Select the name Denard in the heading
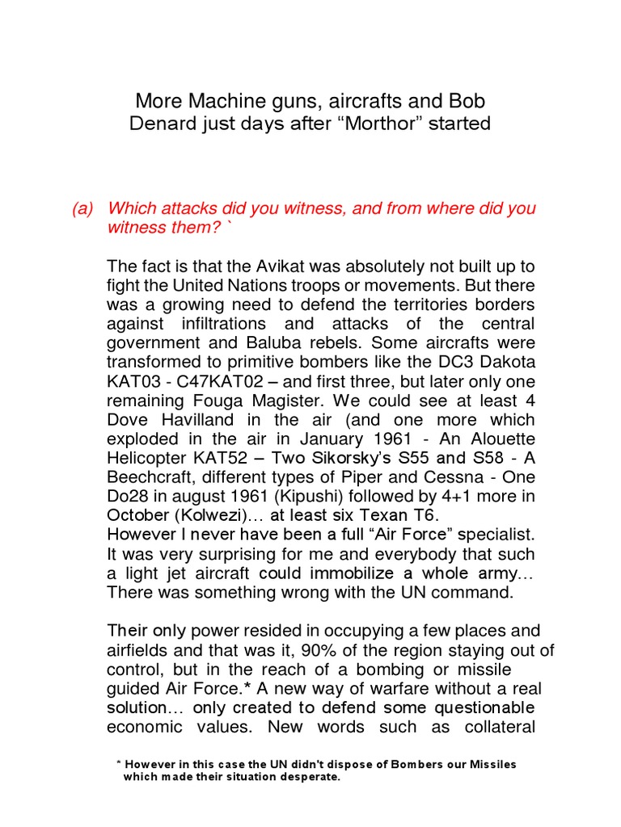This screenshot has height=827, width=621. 167,124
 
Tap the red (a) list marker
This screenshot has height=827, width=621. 82,208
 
